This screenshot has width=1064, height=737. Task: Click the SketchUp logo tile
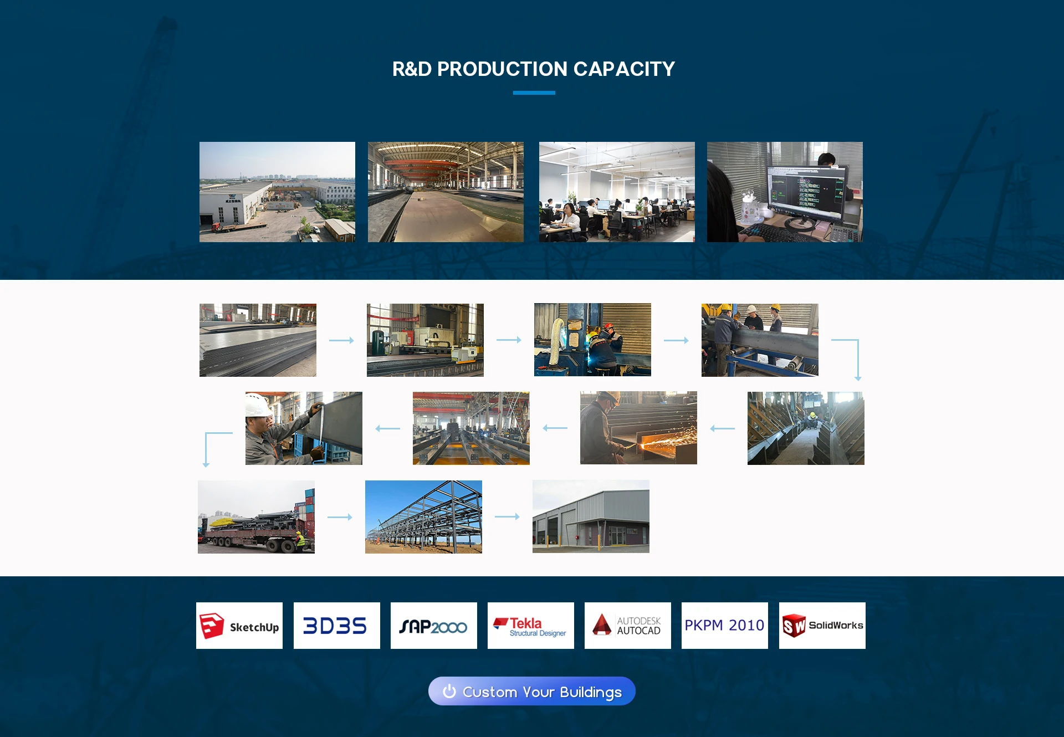(239, 626)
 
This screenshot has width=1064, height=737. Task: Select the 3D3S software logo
(337, 626)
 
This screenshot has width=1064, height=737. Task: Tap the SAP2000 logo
(434, 626)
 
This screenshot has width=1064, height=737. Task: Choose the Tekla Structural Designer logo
(531, 626)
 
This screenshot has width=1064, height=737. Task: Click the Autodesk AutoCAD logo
(628, 626)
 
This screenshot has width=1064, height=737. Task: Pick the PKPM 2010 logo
(725, 626)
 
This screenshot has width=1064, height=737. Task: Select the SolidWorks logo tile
(822, 626)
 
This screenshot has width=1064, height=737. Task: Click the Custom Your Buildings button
(532, 691)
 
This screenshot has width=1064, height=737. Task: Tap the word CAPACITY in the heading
(624, 69)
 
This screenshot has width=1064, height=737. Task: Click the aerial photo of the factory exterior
(277, 192)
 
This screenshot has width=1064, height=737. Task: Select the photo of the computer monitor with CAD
(785, 192)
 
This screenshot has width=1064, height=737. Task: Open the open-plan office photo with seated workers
(617, 192)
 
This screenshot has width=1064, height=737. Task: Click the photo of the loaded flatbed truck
(256, 516)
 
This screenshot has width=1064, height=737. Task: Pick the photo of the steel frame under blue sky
(423, 516)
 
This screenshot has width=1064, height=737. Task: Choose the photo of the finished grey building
(591, 516)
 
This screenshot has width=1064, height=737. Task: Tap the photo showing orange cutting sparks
(638, 428)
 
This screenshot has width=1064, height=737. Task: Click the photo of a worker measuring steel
(304, 428)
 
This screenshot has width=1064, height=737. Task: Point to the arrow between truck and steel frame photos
(340, 517)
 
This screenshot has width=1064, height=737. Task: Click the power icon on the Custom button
(449, 691)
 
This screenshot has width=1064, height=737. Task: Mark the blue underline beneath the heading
(534, 93)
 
